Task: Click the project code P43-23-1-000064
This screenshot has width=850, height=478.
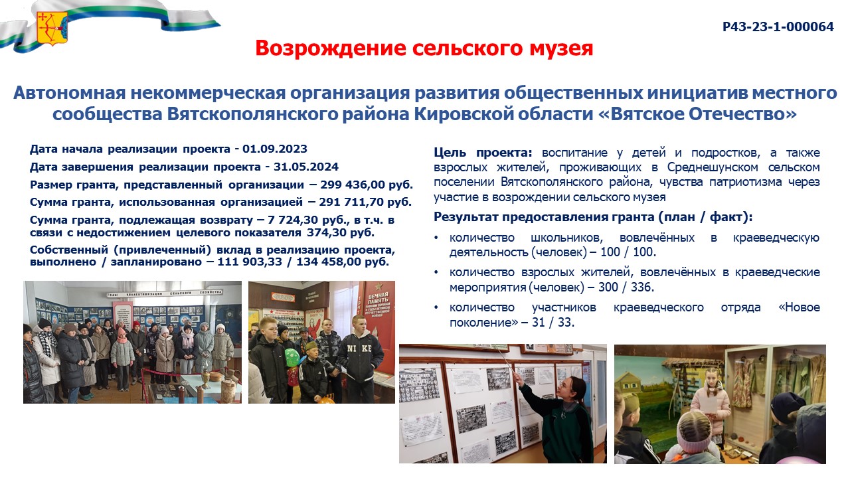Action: coord(778,27)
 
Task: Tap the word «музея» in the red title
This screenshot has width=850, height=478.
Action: coord(555,48)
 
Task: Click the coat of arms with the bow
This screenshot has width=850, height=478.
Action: coord(52,29)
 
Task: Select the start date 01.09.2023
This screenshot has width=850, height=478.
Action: coord(275,149)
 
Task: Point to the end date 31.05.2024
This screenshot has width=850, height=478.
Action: coord(306,167)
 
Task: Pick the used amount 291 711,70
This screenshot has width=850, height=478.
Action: coord(351,202)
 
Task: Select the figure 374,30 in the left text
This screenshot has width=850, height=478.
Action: coord(327,232)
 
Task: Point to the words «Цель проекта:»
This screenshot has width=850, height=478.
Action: coord(483,153)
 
